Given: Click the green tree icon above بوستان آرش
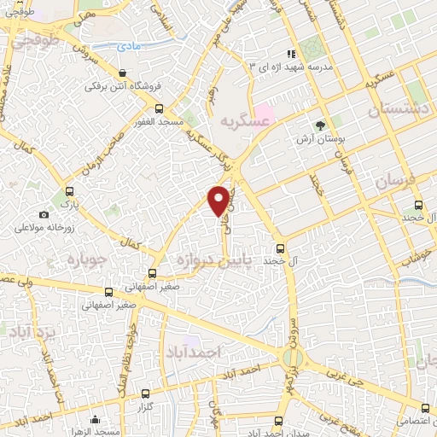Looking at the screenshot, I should (x=320, y=125).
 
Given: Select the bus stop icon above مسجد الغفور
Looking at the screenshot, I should (x=160, y=108).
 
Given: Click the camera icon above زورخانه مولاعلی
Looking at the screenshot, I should (x=44, y=214).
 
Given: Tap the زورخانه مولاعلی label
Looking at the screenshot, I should (x=43, y=228).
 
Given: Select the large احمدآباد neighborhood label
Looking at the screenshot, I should (x=195, y=352).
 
